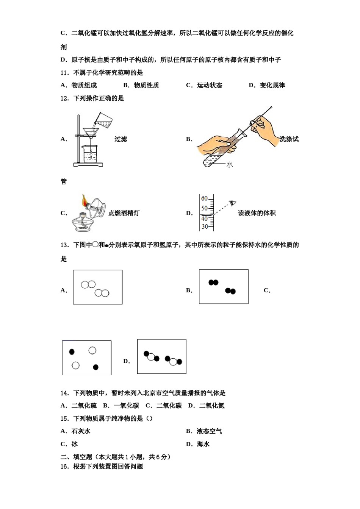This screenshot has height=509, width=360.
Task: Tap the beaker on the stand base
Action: tap(90, 154)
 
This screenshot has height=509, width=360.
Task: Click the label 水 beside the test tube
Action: tap(229, 164)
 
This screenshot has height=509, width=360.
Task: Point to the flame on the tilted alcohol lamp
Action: tap(84, 200)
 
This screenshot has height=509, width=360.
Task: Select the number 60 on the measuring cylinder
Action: tap(204, 198)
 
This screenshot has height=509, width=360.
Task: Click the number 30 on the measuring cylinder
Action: tap(204, 226)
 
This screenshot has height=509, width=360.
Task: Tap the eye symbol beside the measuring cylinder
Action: tap(233, 203)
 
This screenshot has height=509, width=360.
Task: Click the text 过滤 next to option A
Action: tap(121, 139)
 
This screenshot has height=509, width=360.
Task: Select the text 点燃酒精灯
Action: tap(124, 213)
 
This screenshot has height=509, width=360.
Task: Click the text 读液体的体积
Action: tap(257, 213)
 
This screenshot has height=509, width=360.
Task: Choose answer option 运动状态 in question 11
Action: tap(209, 85)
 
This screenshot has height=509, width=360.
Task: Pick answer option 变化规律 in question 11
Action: tap(272, 85)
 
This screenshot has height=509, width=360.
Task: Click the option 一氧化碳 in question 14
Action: tap(127, 406)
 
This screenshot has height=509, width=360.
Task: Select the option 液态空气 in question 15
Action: tap(209, 431)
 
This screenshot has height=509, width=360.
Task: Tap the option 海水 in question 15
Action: tap(203, 444)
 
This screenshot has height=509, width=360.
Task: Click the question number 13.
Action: tap(64, 245)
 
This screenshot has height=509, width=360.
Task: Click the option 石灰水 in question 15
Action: tap(81, 431)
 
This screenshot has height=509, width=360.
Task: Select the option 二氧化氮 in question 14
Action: tap(212, 406)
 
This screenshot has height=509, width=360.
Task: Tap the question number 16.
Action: tap(64, 466)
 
